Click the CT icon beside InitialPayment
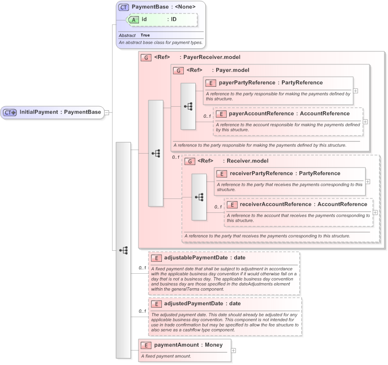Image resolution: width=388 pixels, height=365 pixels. [x=10, y=112]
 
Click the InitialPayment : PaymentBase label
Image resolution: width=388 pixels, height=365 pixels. [x=60, y=112]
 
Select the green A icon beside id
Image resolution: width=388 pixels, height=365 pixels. [x=134, y=19]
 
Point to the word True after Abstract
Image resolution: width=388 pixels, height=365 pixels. [x=145, y=35]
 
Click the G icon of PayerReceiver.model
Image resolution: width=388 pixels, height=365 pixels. [x=146, y=58]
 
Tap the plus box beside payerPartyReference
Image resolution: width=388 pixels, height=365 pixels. [x=356, y=91]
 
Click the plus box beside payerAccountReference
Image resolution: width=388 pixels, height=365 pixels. [x=366, y=121]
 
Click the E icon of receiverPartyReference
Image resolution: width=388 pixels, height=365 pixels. [x=222, y=174]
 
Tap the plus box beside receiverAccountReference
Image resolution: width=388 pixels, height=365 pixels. [x=375, y=212]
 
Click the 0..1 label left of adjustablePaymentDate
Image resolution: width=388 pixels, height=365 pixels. [x=142, y=268]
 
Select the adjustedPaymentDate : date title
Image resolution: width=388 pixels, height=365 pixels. [x=202, y=303]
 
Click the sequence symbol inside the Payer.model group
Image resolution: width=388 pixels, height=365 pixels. [x=188, y=106]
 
